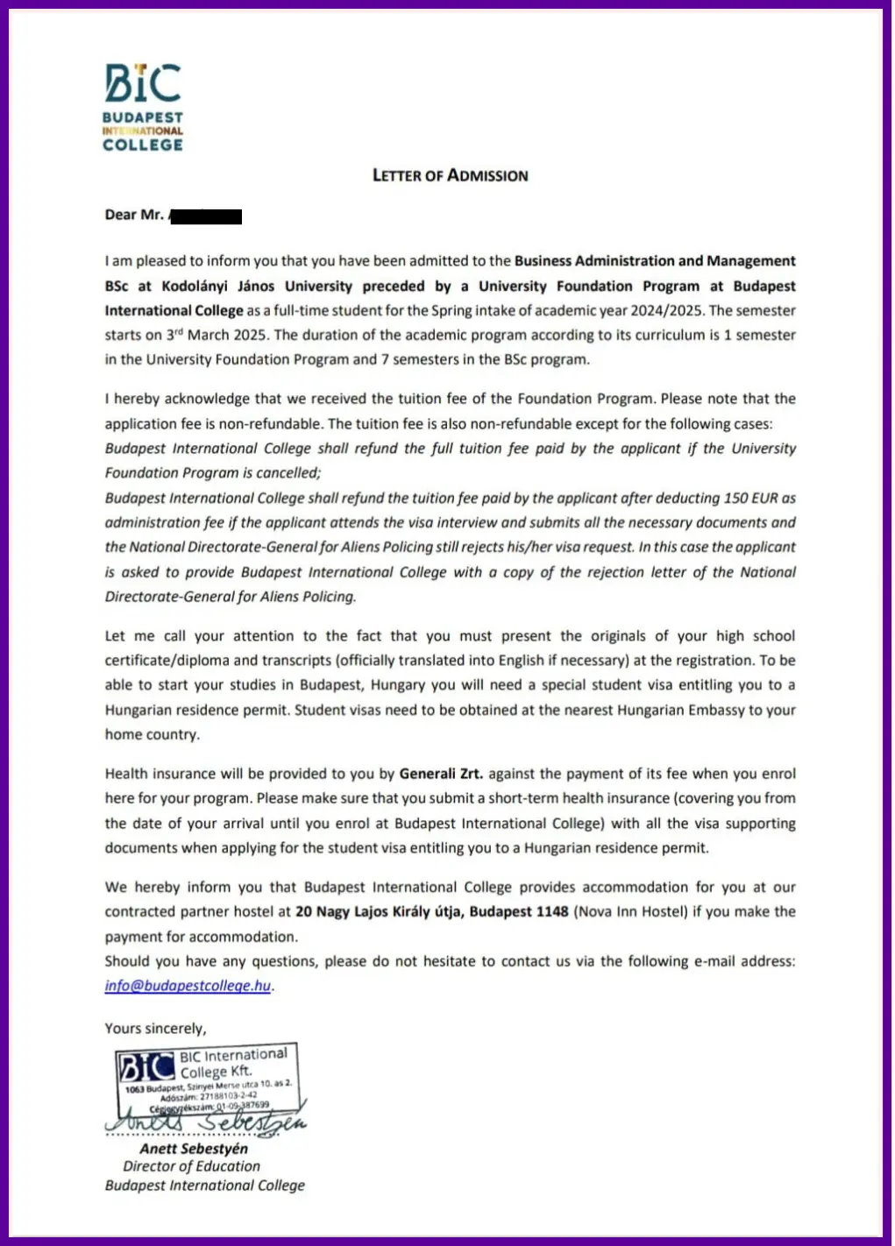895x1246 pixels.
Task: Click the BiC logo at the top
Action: pyautogui.click(x=143, y=83)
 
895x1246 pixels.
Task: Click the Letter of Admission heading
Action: pyautogui.click(x=450, y=175)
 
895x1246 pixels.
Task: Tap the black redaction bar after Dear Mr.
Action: pyautogui.click(x=205, y=216)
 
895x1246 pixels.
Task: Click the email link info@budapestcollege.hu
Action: pyautogui.click(x=188, y=986)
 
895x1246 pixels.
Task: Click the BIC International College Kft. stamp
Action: pyautogui.click(x=209, y=1077)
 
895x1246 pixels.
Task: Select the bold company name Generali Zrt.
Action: pyautogui.click(x=441, y=774)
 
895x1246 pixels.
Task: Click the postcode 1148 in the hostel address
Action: pyautogui.click(x=551, y=911)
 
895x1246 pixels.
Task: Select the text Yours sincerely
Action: pyautogui.click(x=155, y=1029)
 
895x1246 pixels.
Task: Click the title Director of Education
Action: pyautogui.click(x=191, y=1166)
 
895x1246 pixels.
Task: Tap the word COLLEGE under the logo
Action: pyautogui.click(x=143, y=145)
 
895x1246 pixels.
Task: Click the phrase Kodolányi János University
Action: pyautogui.click(x=257, y=286)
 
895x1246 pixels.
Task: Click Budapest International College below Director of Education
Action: pyautogui.click(x=205, y=1186)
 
